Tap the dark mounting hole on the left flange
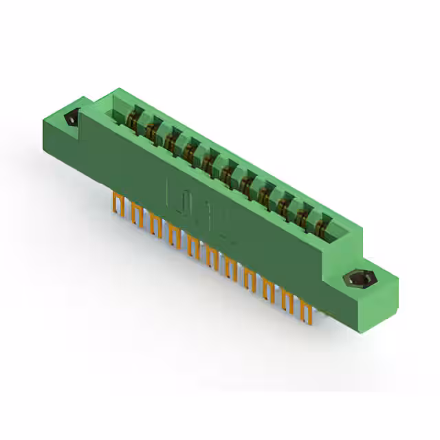pyautogui.click(x=71, y=120)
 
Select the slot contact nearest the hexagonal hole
pyautogui.click(x=320, y=221)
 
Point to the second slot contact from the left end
pyautogui.click(x=151, y=128)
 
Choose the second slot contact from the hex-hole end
pyautogui.click(x=301, y=211)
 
